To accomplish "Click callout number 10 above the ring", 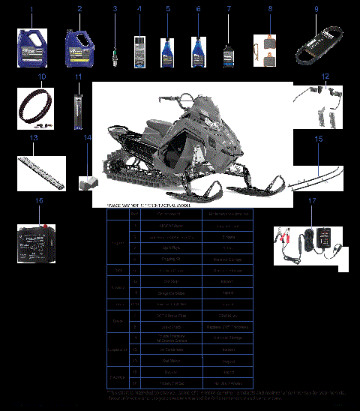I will [x=42, y=76].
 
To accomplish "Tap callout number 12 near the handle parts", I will [x=325, y=76].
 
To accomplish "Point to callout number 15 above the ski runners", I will [x=318, y=139].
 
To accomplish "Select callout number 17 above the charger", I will [x=312, y=201].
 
